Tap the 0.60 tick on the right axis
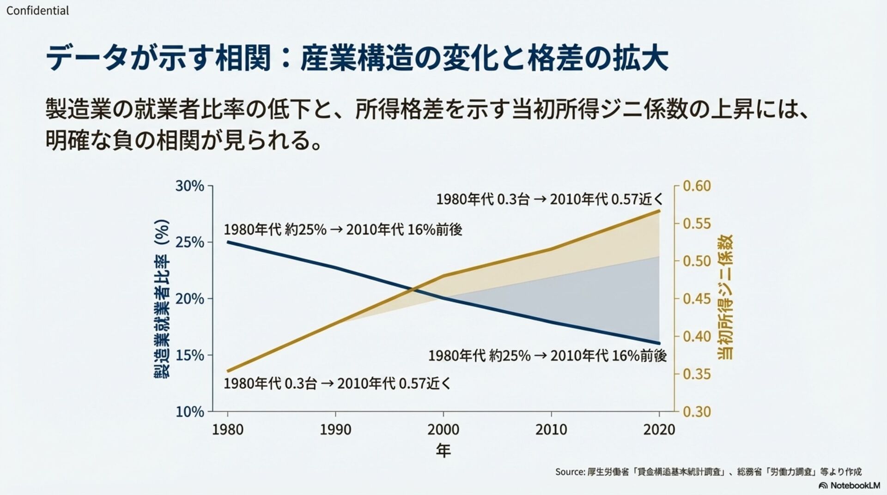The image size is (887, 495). point(697,186)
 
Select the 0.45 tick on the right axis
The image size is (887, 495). point(697,299)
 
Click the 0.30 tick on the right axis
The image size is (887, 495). point(697,411)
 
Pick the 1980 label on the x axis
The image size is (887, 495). point(227,429)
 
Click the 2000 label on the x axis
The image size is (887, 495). point(443,429)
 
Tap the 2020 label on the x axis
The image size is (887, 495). point(659,429)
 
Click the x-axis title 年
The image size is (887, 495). point(443,450)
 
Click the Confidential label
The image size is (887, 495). point(37,11)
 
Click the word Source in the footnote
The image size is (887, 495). point(570,472)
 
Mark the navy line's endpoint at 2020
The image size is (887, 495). point(659,343)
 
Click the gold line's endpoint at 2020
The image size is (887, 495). point(659,211)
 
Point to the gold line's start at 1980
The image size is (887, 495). point(228,371)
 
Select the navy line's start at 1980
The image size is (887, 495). point(228,242)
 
